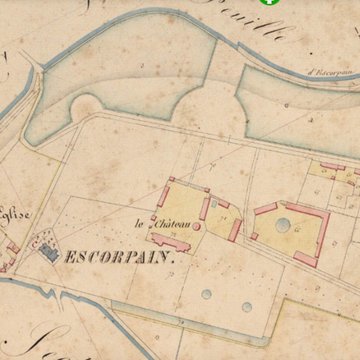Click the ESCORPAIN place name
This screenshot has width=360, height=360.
point(119,257)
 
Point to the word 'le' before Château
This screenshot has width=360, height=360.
point(141,222)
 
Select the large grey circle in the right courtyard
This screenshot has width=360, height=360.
point(283,225)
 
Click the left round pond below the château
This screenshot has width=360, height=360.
point(205,295)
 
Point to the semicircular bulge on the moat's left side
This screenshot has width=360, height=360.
point(86,107)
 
